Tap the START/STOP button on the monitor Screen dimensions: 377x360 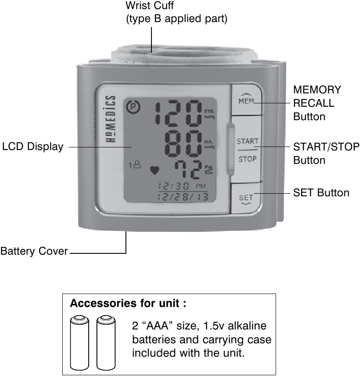click(x=247, y=150)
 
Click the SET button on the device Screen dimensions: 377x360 click(x=246, y=198)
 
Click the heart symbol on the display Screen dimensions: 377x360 click(x=154, y=170)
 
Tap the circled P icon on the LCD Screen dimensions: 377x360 click(x=130, y=106)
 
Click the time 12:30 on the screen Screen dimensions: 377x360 click(x=174, y=186)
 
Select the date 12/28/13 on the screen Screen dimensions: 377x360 click(x=182, y=197)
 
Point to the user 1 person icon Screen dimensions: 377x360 click(x=134, y=165)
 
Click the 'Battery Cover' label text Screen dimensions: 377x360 click(x=34, y=251)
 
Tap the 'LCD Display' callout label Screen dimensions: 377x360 click(x=32, y=147)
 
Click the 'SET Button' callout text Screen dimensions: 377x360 click(x=321, y=193)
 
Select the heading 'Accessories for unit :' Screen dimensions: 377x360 click(x=128, y=303)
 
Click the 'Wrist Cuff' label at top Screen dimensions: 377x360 click(x=150, y=6)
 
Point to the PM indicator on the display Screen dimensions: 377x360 click(x=201, y=186)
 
